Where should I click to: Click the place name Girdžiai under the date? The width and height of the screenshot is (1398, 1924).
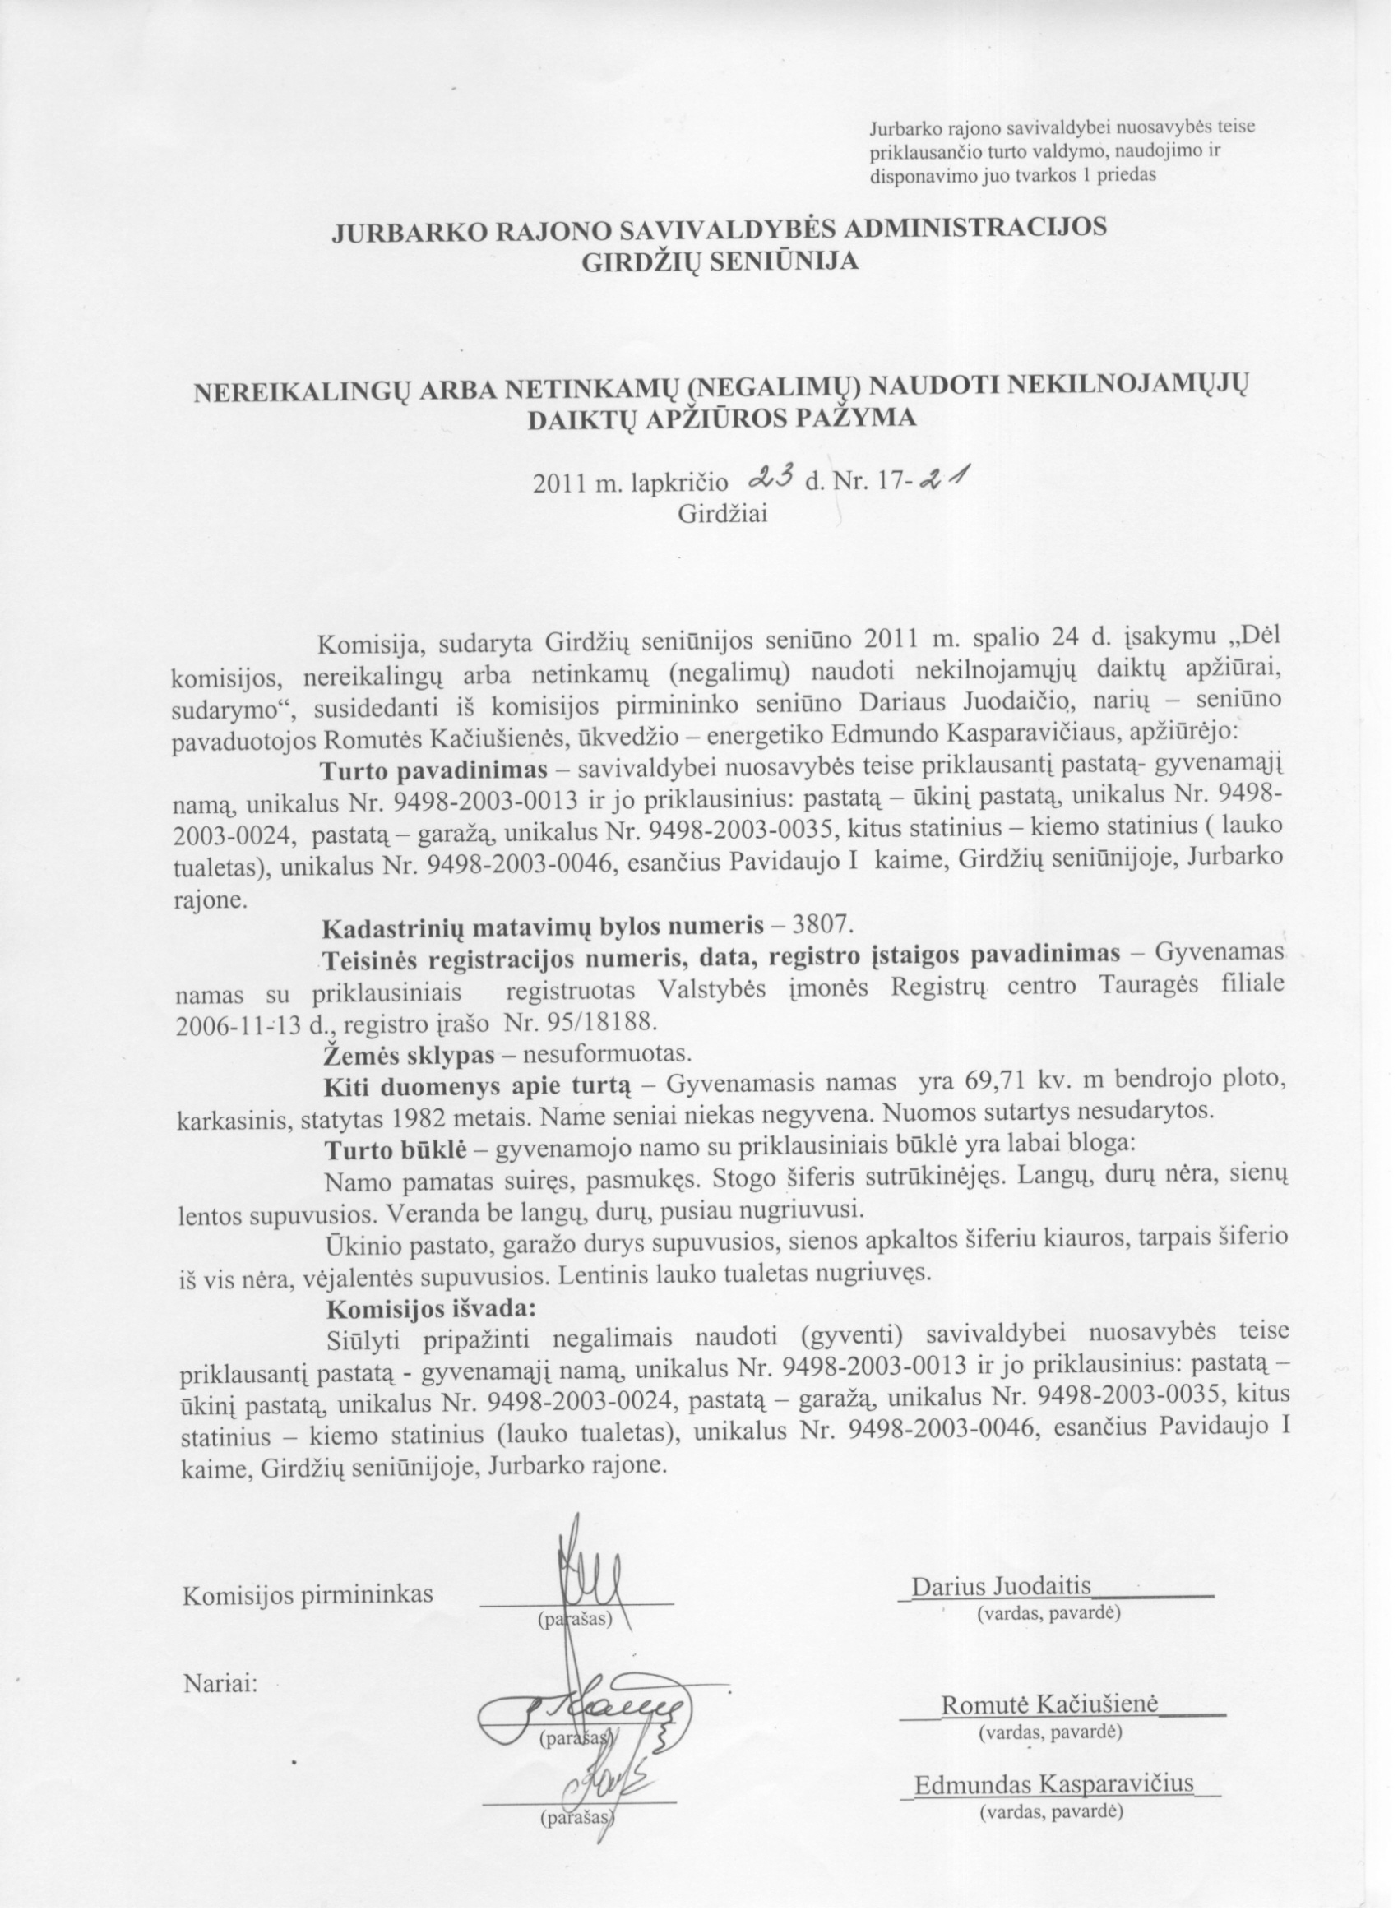[x=724, y=514]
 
